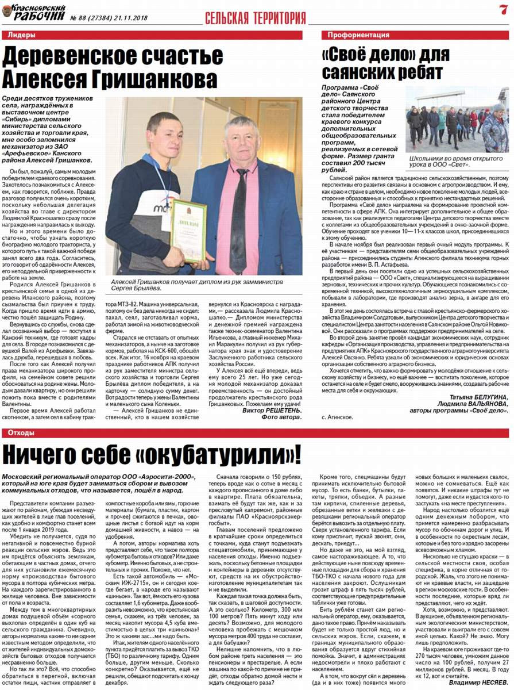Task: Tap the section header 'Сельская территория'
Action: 256,18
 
